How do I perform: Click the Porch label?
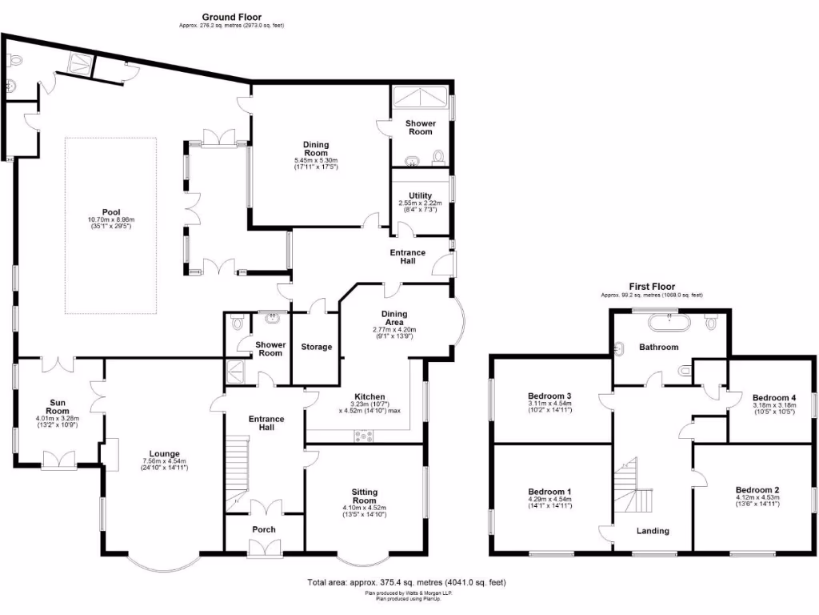(264, 529)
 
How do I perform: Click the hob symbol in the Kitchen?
(366, 436)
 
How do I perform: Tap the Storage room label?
(316, 347)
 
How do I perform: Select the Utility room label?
(420, 195)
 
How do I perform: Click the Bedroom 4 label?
(773, 398)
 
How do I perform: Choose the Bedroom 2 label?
(757, 490)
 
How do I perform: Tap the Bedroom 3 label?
(549, 396)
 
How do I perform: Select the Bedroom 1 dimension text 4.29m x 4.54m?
(549, 500)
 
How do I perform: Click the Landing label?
(653, 531)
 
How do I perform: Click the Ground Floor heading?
(231, 17)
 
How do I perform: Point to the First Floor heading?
(652, 287)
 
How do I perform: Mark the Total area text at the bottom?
(406, 583)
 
